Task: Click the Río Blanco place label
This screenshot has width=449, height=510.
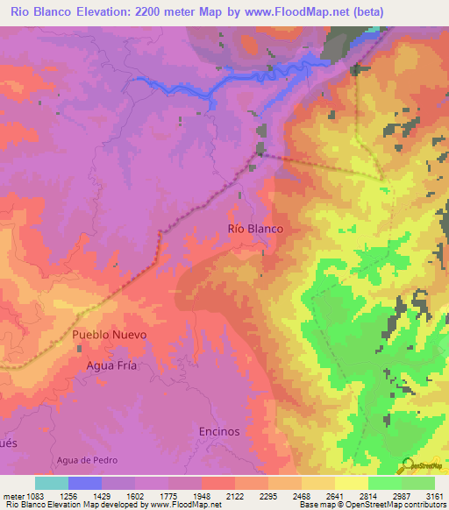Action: point(255,228)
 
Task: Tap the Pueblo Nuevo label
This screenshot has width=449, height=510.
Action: point(110,335)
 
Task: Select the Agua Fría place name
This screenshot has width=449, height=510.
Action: point(111,365)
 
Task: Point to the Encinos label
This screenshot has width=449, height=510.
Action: point(218,431)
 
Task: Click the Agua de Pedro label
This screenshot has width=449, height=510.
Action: point(86,460)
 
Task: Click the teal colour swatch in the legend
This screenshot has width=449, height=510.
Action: point(52,483)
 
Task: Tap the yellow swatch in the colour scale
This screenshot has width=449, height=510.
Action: point(351,483)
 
